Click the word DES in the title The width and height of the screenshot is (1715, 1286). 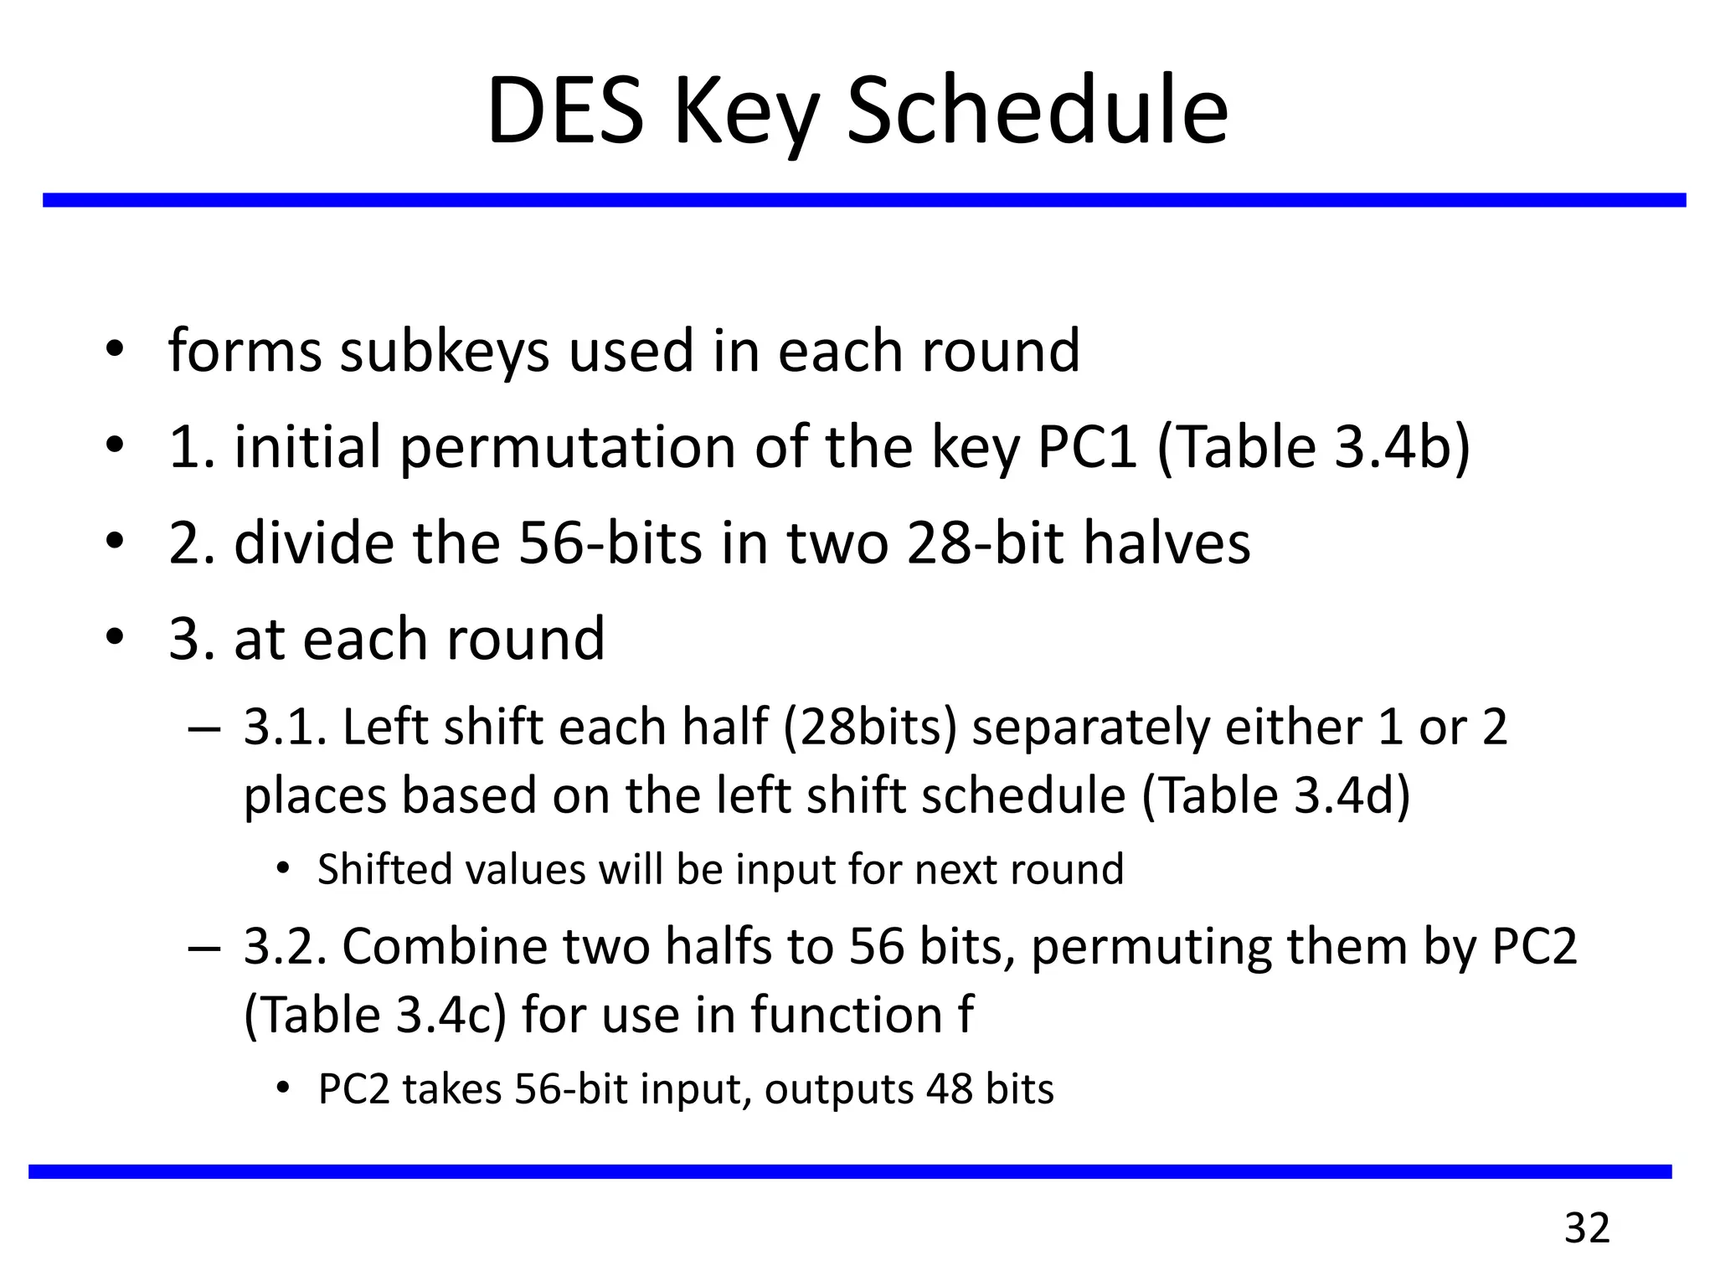[565, 111]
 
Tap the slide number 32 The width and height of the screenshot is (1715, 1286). [1587, 1228]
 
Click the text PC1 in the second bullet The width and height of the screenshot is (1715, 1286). [1086, 446]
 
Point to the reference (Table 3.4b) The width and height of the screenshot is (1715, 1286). [1313, 446]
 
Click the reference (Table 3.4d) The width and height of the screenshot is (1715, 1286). [1276, 795]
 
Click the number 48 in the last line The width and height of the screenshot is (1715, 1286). [950, 1089]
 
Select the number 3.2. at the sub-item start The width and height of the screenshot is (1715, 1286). [284, 947]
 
